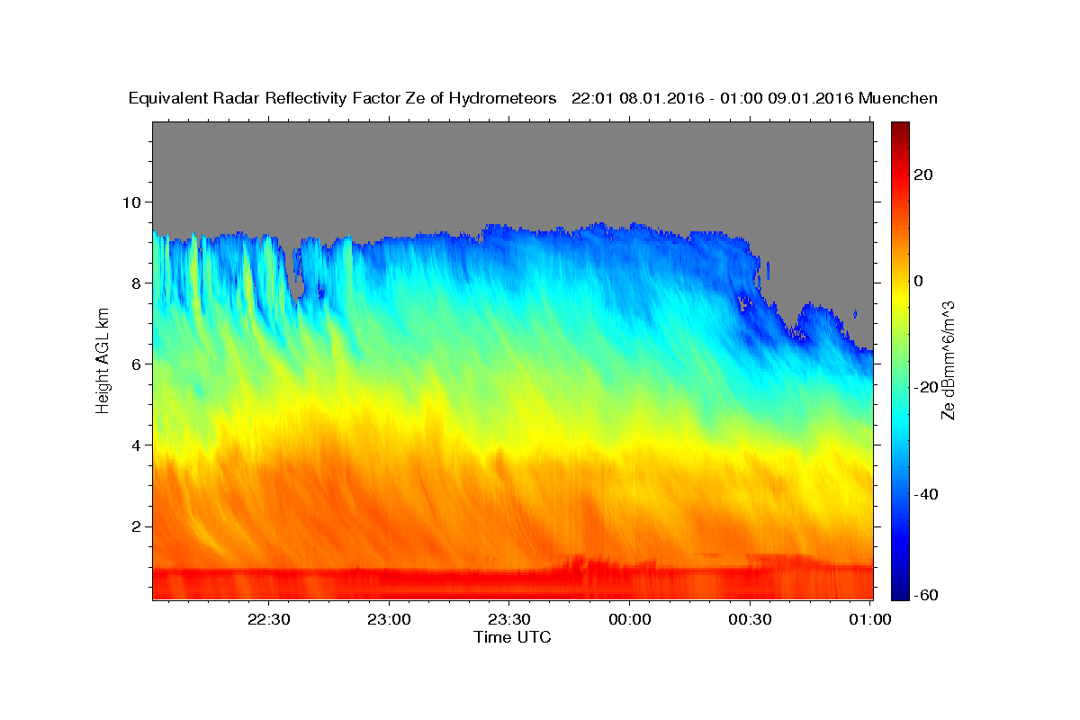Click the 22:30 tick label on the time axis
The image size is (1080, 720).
point(268,619)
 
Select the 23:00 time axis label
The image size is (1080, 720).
point(389,619)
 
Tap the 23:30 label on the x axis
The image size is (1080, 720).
point(509,619)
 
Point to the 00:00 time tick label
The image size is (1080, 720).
point(630,619)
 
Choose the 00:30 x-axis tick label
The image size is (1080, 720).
point(750,619)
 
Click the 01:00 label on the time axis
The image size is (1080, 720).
point(869,619)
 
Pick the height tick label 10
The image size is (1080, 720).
point(131,202)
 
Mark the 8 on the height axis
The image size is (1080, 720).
point(137,283)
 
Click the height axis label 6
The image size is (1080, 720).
point(137,364)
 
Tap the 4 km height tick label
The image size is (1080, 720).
point(137,445)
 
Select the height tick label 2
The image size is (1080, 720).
point(137,526)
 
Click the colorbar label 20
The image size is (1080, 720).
point(923,175)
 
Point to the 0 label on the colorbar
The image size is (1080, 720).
point(919,281)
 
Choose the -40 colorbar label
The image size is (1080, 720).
point(926,494)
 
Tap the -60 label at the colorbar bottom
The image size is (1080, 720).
point(926,595)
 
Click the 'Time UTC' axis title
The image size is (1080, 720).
point(512,637)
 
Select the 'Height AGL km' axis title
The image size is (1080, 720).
point(103,361)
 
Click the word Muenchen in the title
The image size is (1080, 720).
point(898,98)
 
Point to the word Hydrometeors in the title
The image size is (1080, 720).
point(502,99)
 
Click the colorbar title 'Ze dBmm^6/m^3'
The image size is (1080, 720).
point(948,361)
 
